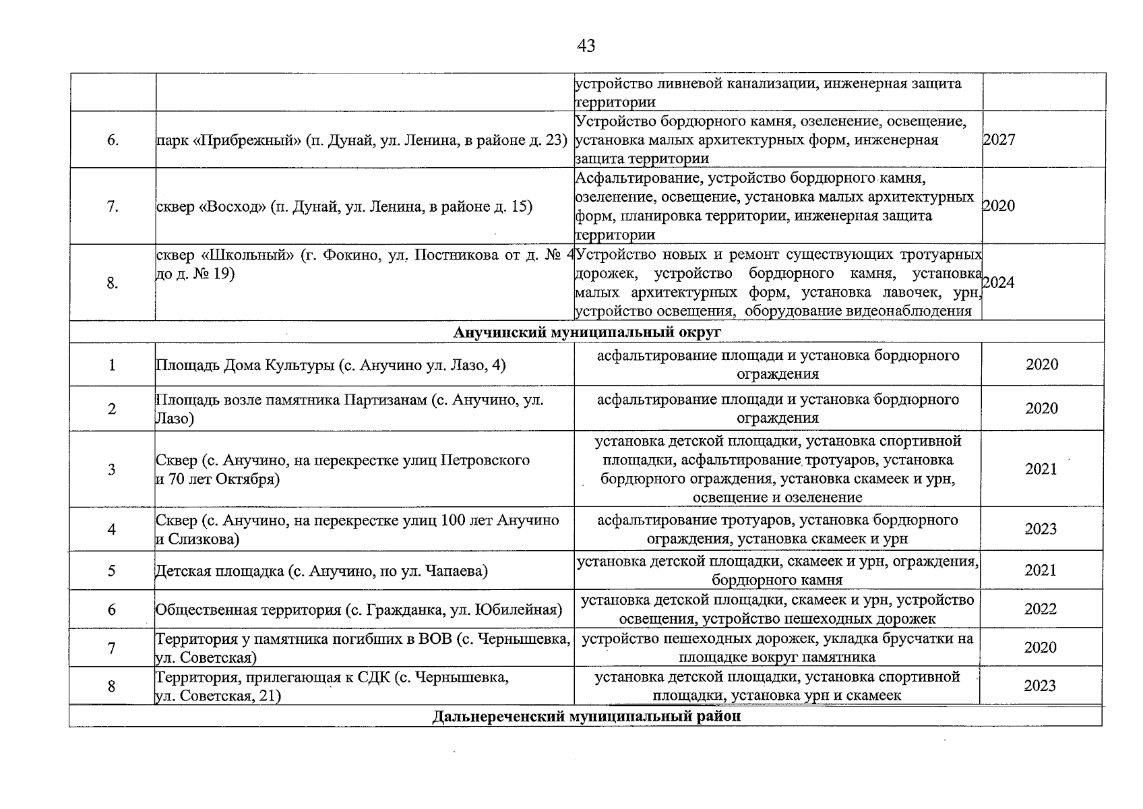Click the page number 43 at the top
[586, 46]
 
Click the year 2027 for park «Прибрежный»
[999, 140]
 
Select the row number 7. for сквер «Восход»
[113, 207]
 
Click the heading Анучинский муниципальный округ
[586, 332]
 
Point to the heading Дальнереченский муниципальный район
[586, 716]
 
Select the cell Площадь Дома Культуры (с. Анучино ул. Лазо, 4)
[330, 365]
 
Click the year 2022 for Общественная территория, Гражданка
[1041, 609]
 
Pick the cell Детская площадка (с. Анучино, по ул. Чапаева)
[321, 572]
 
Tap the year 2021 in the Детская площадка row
[1041, 571]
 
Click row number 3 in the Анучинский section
[111, 470]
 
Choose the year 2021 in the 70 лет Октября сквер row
[1041, 469]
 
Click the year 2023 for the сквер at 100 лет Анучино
[1041, 529]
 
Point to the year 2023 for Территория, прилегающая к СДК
[1040, 686]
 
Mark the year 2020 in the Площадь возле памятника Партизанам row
[1041, 409]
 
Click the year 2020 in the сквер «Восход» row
[998, 206]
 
